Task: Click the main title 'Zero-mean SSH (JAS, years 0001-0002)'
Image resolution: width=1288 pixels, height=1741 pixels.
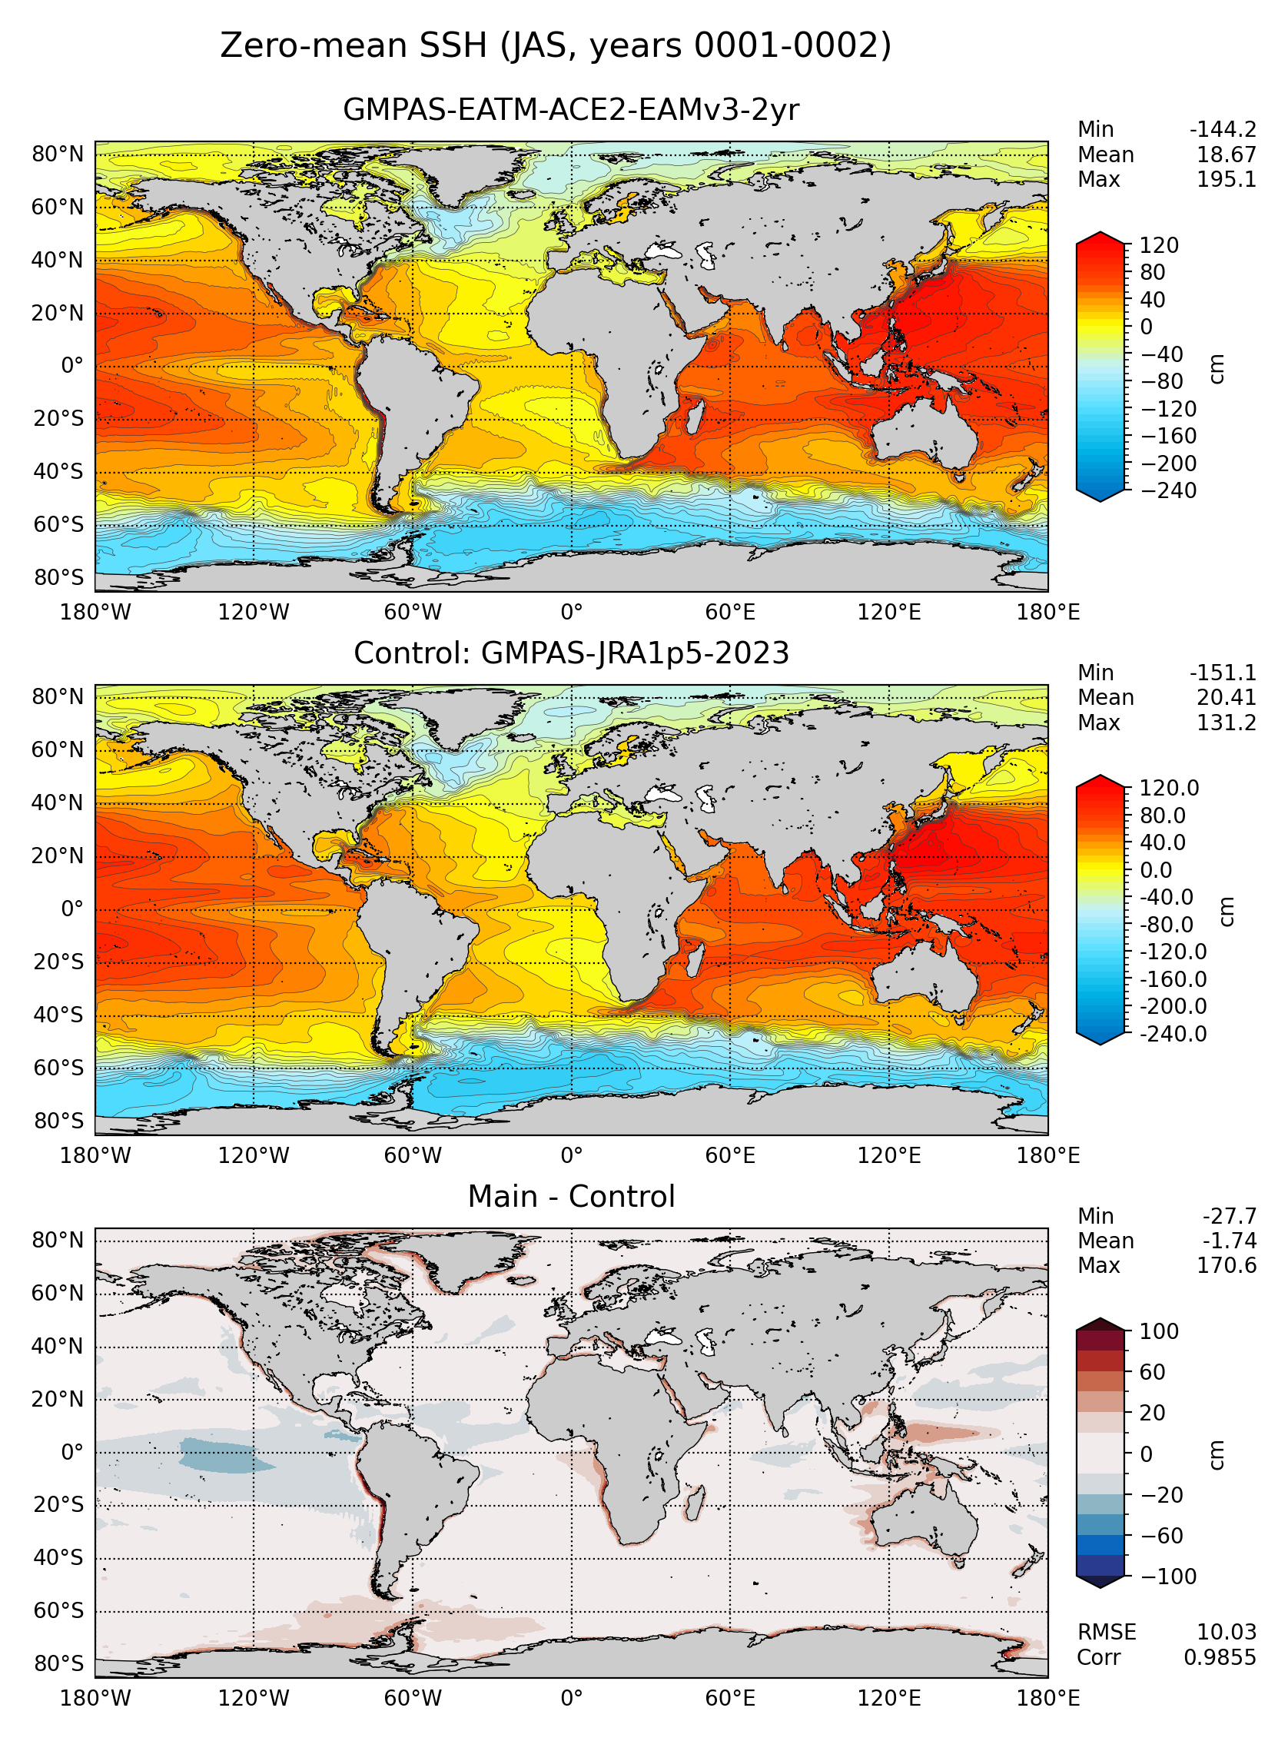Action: tap(555, 46)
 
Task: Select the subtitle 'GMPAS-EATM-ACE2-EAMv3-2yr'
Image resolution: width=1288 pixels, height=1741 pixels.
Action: tap(571, 110)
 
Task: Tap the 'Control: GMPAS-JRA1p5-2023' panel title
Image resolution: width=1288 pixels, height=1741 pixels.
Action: tap(571, 653)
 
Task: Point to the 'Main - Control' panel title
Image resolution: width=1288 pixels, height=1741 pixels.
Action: tap(571, 1196)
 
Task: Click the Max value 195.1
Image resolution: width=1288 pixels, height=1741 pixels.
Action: tap(1227, 180)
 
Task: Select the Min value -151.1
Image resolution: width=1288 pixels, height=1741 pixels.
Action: tap(1223, 673)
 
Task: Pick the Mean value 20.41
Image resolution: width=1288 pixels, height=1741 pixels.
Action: tap(1227, 698)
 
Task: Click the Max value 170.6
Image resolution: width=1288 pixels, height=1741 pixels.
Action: tap(1227, 1265)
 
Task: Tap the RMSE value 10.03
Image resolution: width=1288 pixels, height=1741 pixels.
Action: tap(1227, 1632)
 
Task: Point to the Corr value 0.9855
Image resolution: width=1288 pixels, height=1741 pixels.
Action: tap(1220, 1656)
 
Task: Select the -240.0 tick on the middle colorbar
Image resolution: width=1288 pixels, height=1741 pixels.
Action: tap(1173, 1034)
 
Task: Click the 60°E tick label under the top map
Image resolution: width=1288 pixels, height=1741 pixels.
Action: tap(730, 613)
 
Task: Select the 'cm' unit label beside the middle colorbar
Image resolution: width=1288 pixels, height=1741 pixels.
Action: tap(1227, 912)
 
